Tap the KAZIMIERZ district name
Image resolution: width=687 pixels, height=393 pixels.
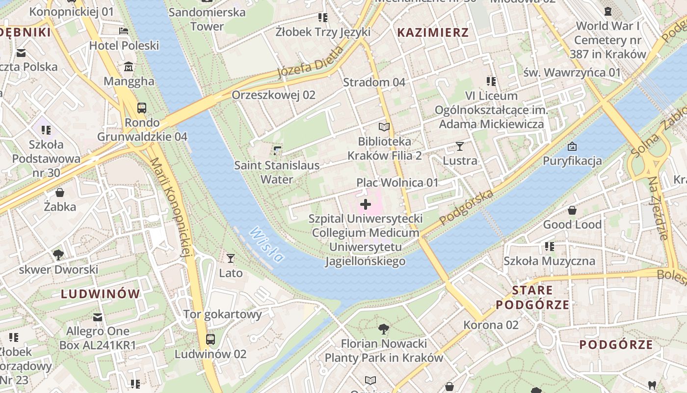pyautogui.click(x=433, y=33)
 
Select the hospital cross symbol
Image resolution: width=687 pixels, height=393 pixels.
pyautogui.click(x=366, y=204)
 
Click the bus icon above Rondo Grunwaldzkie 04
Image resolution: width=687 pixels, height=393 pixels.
pyautogui.click(x=142, y=108)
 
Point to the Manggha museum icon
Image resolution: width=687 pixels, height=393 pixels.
pyautogui.click(x=129, y=67)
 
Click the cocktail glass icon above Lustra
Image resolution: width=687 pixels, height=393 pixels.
pyautogui.click(x=460, y=146)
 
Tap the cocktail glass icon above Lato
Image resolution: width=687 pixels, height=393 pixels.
pyautogui.click(x=231, y=258)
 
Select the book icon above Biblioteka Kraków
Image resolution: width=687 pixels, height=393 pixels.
pyautogui.click(x=384, y=127)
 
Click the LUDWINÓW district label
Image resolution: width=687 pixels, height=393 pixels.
pyautogui.click(x=101, y=294)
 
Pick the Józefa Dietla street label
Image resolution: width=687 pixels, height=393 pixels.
pyautogui.click(x=311, y=62)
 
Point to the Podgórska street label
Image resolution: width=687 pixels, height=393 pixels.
pyautogui.click(x=466, y=208)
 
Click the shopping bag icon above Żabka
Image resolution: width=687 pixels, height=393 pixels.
pyautogui.click(x=60, y=192)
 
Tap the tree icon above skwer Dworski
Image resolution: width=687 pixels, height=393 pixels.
pyautogui.click(x=58, y=254)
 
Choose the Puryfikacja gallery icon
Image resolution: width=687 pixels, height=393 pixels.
pyautogui.click(x=572, y=146)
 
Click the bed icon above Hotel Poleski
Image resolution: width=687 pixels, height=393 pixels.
pyautogui.click(x=124, y=31)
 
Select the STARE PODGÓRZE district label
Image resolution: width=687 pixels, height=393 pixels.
pyautogui.click(x=532, y=297)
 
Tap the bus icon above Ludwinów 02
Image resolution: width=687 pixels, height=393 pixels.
pyautogui.click(x=211, y=339)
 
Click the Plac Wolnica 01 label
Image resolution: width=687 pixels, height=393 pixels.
pyautogui.click(x=397, y=183)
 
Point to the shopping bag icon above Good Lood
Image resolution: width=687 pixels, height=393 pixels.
pyautogui.click(x=572, y=211)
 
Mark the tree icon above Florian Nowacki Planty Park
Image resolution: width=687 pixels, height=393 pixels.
pyautogui.click(x=384, y=329)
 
